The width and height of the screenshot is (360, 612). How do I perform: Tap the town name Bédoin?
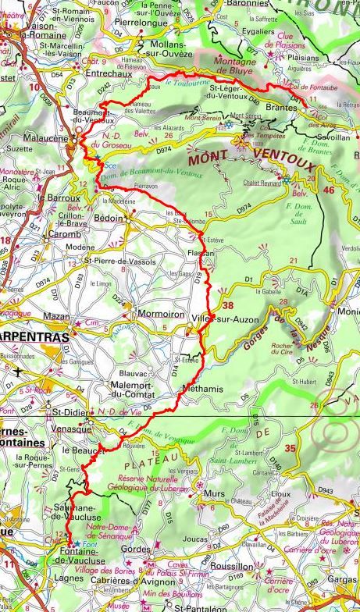(109, 219)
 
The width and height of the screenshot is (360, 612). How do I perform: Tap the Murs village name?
(211, 494)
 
